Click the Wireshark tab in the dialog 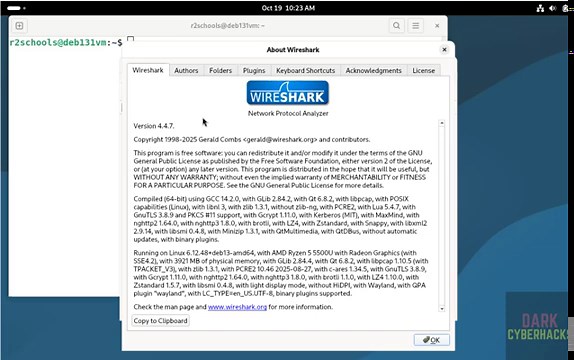[x=148, y=71]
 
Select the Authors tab [x=186, y=71]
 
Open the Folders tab [x=220, y=71]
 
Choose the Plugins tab [x=254, y=71]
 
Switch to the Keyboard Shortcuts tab [x=305, y=71]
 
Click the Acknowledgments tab [x=373, y=71]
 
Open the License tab [x=423, y=71]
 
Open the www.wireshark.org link [x=237, y=307]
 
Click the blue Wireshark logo [x=288, y=94]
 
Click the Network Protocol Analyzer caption [x=288, y=114]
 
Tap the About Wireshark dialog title [x=288, y=49]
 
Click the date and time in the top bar [x=286, y=7]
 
